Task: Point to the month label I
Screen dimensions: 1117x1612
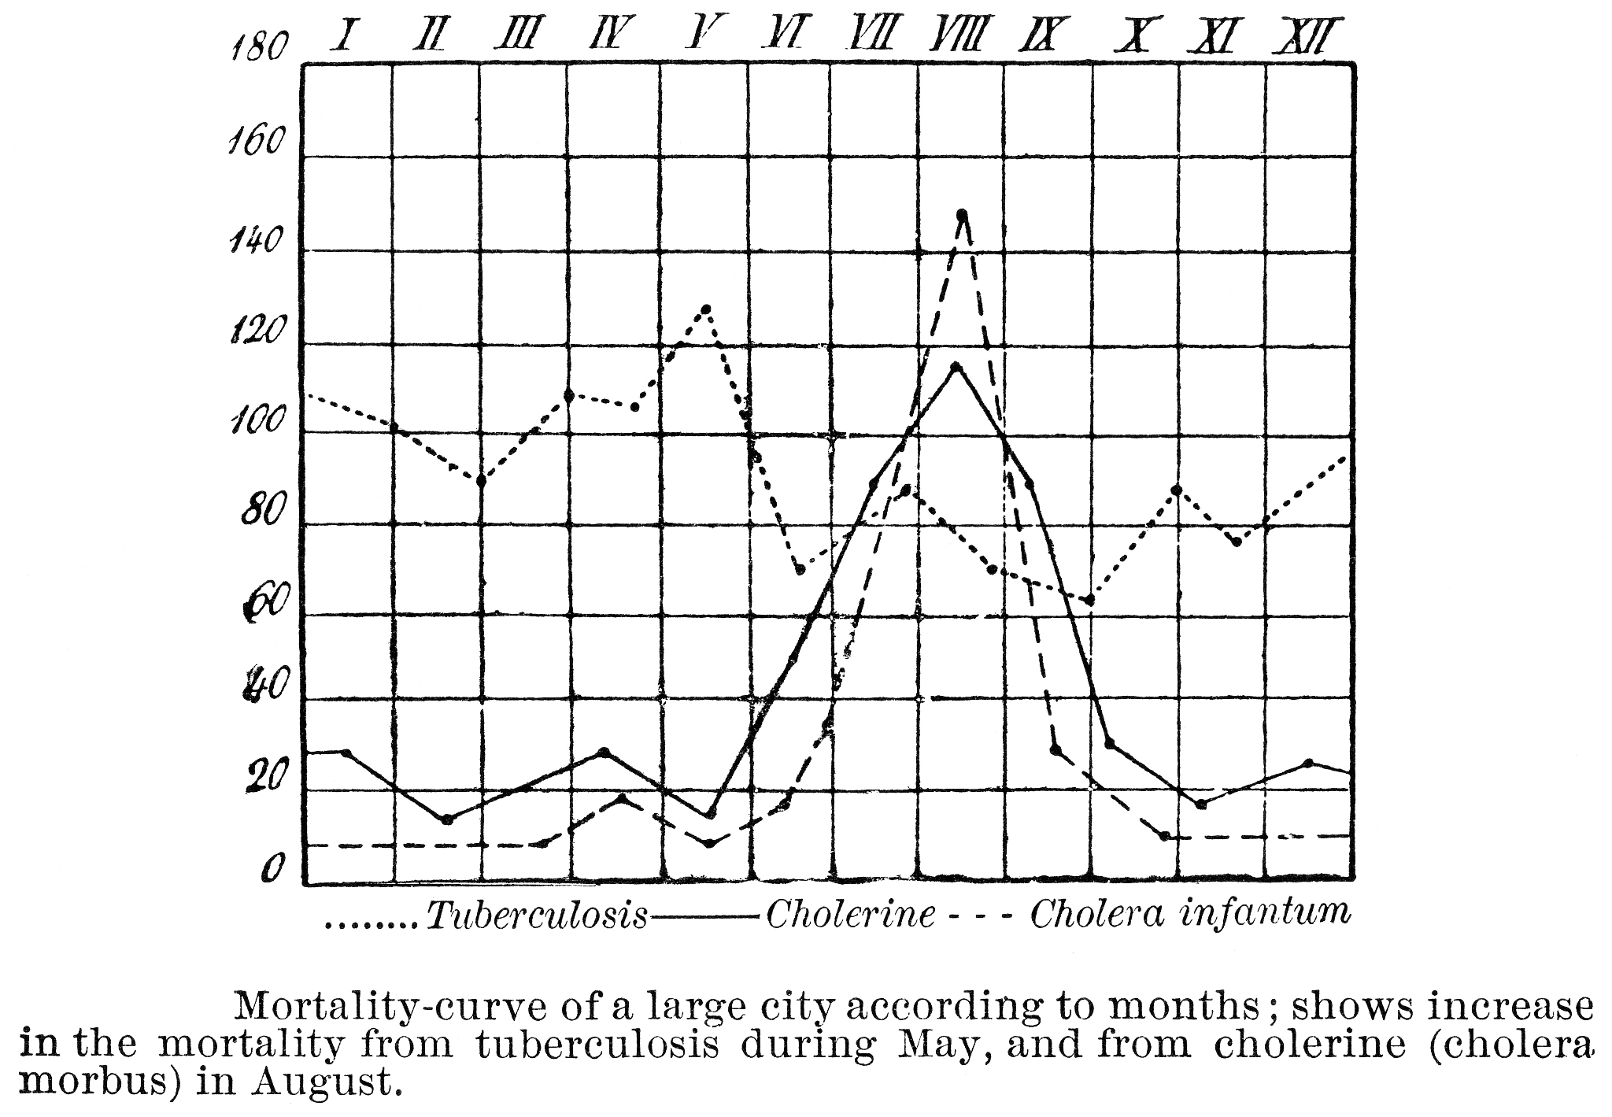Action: tap(343, 35)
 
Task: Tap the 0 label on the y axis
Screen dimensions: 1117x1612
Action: tap(272, 868)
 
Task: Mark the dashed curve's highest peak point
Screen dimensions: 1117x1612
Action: tap(961, 213)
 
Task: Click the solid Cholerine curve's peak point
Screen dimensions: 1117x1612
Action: tap(956, 367)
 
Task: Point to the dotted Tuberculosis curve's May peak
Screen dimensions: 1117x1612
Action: tap(706, 309)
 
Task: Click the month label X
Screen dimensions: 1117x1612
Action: tap(1134, 36)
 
